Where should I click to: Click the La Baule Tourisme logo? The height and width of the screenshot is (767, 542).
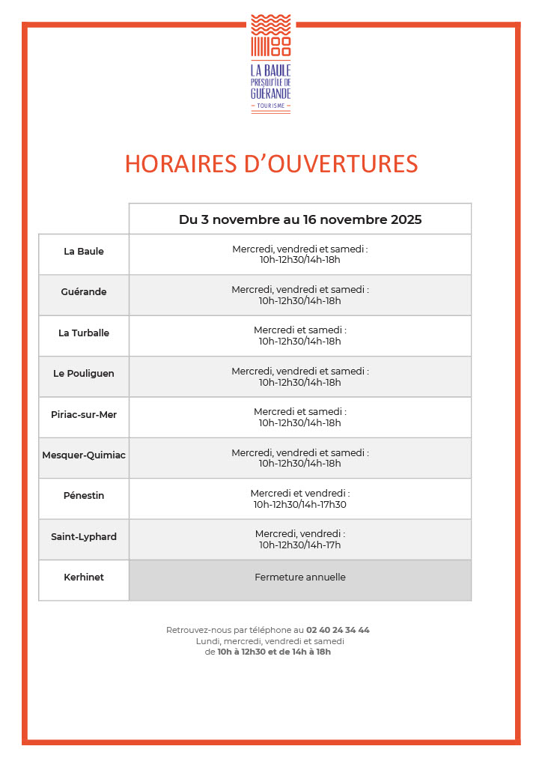(x=270, y=64)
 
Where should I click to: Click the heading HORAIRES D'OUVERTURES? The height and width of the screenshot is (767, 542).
(x=271, y=164)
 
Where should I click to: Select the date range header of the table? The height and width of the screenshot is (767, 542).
(x=300, y=219)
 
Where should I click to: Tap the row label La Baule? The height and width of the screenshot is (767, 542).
(x=84, y=252)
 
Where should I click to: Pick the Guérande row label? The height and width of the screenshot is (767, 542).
(x=84, y=292)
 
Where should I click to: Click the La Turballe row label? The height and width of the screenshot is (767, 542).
(x=84, y=333)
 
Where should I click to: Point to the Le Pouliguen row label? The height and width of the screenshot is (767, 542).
(x=84, y=374)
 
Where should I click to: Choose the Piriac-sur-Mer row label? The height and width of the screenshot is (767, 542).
(x=84, y=415)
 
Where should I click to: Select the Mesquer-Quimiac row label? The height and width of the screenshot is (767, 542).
(x=84, y=455)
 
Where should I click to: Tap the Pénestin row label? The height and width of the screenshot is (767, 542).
(x=84, y=496)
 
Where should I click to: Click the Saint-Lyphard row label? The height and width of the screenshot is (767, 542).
(x=84, y=537)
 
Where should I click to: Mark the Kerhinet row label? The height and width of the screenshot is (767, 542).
(x=84, y=577)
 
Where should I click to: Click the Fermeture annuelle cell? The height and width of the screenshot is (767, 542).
(x=300, y=577)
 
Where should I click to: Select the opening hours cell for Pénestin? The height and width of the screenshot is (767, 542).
(x=300, y=499)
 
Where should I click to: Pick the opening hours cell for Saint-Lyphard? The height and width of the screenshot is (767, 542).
(x=300, y=539)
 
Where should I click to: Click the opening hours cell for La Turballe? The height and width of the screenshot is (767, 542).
(x=300, y=336)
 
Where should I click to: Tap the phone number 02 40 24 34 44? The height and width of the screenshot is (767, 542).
(x=338, y=630)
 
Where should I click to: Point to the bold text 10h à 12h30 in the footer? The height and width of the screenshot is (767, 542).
(x=241, y=652)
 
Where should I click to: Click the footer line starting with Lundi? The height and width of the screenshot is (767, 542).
(x=270, y=641)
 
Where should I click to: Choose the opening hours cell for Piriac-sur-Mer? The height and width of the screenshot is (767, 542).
(x=300, y=417)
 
